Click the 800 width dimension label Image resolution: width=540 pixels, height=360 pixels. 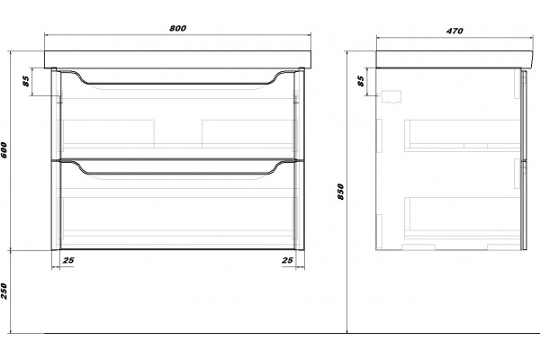click(x=177, y=28)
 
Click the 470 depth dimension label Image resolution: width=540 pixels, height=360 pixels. click(x=454, y=31)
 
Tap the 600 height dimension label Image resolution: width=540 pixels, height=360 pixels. click(x=4, y=150)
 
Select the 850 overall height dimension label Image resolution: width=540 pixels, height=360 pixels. click(x=340, y=192)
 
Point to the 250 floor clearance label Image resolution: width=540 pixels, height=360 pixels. click(x=4, y=291)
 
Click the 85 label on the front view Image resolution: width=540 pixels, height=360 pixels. click(x=26, y=81)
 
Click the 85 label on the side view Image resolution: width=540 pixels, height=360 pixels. click(x=360, y=81)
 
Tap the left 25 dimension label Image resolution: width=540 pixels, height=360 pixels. click(x=68, y=260)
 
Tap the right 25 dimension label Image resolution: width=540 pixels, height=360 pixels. click(x=288, y=260)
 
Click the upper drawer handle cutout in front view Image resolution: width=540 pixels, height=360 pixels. click(x=177, y=84)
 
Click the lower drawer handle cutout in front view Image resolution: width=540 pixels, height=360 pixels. click(x=177, y=174)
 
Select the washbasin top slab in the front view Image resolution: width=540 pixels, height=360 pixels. click(x=177, y=59)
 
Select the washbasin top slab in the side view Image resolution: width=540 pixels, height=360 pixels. click(x=454, y=59)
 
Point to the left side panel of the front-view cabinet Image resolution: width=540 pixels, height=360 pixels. click(x=56, y=158)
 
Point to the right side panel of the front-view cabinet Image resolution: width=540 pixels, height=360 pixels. click(x=300, y=158)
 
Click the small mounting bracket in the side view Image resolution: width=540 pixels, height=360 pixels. click(x=391, y=97)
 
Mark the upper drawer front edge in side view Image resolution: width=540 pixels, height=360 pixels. click(x=524, y=114)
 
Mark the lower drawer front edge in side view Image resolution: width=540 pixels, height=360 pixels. click(x=524, y=204)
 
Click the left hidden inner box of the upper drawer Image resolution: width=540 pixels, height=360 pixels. click(x=108, y=134)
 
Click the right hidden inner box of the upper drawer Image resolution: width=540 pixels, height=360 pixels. click(x=247, y=134)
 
